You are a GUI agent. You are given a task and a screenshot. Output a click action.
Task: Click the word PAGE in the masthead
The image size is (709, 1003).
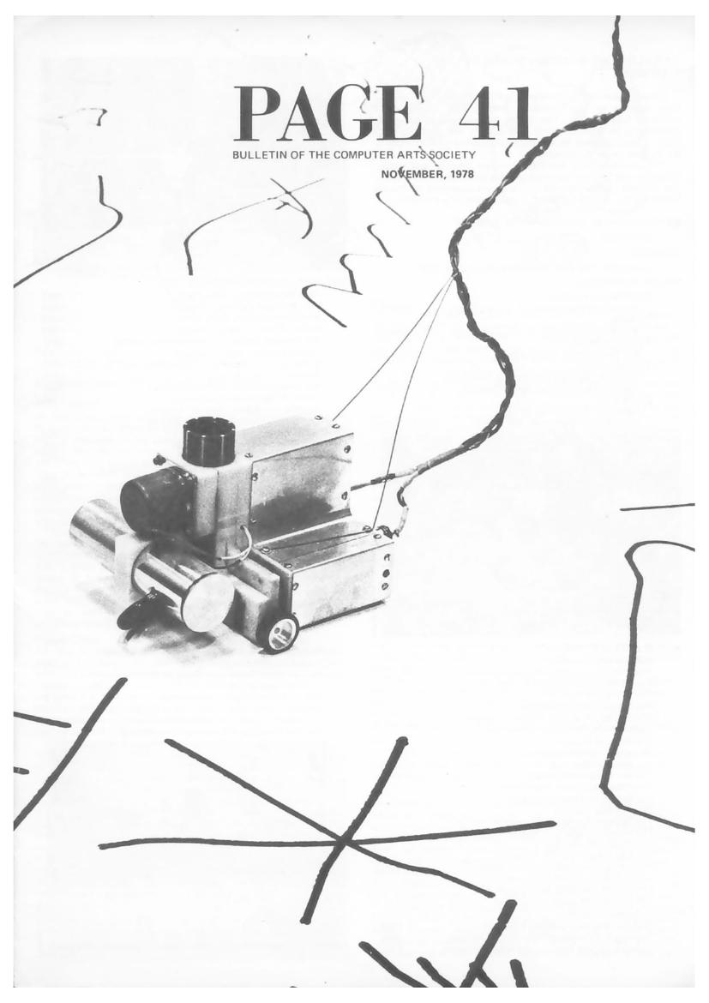327,113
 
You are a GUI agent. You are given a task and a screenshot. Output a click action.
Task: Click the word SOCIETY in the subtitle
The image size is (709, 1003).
453,155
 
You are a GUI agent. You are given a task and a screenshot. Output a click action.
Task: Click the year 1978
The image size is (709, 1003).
461,174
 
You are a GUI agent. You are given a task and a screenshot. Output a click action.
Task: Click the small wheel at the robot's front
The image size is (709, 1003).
281,634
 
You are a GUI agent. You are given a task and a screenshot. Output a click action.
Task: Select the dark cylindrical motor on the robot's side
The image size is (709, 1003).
152,498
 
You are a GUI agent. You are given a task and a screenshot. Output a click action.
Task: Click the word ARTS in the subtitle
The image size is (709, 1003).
412,155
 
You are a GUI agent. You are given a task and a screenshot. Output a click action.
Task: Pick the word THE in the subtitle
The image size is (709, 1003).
319,155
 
